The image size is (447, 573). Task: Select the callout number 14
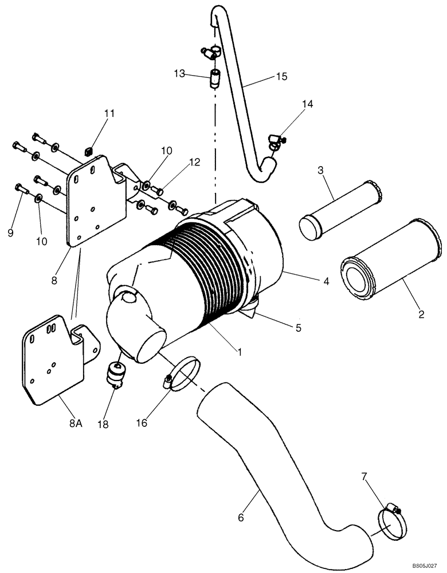click(308, 104)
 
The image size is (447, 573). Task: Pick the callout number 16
click(142, 423)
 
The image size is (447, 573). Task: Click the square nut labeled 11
click(88, 151)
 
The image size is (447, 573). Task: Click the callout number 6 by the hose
click(241, 517)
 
